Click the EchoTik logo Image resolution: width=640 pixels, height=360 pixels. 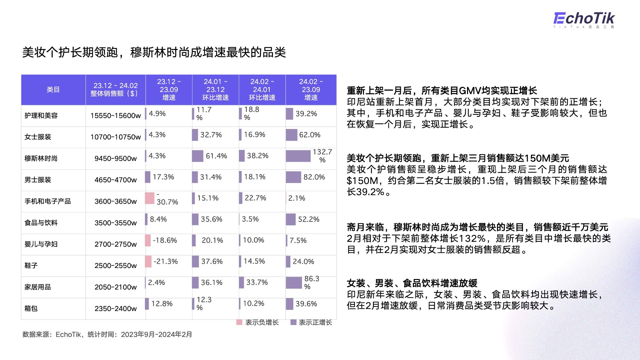point(584,20)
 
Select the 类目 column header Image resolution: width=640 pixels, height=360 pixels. point(53,90)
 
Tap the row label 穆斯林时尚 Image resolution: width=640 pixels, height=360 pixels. point(41,158)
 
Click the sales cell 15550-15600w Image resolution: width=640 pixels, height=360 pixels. point(116,116)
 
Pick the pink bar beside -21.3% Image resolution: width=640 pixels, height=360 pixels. point(148,262)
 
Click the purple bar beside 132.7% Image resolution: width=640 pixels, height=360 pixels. point(298,156)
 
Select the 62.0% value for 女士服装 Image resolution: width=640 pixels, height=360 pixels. point(310,135)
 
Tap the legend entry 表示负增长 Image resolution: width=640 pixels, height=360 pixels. point(258,322)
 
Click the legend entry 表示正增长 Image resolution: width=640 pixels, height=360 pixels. point(311,322)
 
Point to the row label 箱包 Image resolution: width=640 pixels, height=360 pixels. point(31,308)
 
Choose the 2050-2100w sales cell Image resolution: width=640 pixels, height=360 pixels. point(116,287)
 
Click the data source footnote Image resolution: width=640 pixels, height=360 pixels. point(107,334)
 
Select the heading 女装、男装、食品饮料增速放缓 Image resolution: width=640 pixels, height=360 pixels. point(412,283)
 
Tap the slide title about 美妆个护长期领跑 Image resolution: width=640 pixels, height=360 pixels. point(154,52)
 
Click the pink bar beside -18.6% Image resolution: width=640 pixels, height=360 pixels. point(148,240)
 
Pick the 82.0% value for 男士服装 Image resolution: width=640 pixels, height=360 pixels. point(314,177)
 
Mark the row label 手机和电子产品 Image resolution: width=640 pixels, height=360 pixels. point(48,201)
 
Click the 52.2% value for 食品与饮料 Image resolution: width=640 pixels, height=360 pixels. point(309,219)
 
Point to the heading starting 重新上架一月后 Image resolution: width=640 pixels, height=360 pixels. point(442,91)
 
